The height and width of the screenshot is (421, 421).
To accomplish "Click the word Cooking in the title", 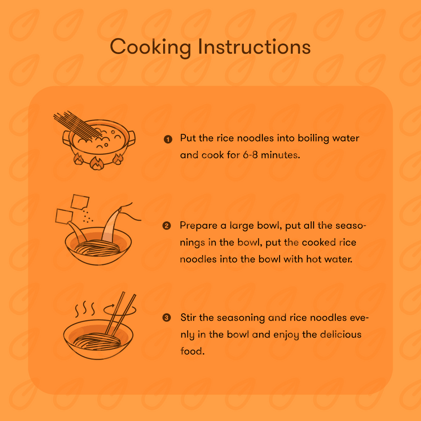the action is pos(150,47).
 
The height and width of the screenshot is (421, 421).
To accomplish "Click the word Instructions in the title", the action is pos(254,47).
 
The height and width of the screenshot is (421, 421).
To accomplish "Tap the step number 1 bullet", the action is pos(168,139).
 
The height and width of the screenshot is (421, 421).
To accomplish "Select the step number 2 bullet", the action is pos(167,226).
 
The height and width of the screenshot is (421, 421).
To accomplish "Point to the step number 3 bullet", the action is pos(167,317).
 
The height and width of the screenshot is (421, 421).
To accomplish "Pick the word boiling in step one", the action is pos(314,139).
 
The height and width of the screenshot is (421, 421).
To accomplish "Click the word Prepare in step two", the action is pos(198,226).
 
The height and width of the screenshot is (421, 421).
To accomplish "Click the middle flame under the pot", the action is pos(96,163).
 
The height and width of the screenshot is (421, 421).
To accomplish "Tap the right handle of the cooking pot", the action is pos(131,138).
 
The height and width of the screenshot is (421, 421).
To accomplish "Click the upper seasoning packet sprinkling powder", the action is pos(80,202).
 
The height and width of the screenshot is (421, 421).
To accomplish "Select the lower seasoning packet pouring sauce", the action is pos(64,217).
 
